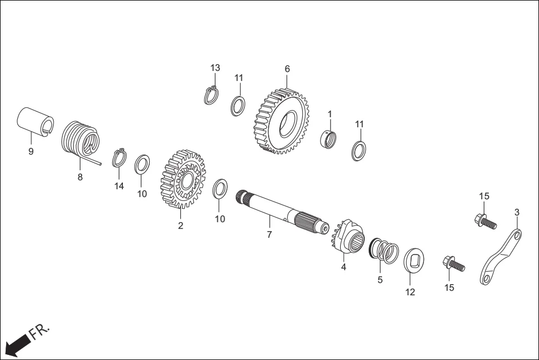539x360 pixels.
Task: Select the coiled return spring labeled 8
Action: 80,140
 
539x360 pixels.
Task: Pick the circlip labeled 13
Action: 211,95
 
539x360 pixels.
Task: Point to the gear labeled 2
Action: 183,177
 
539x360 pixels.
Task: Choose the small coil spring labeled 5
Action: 384,249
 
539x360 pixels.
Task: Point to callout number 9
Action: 31,152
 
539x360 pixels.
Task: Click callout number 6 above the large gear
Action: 287,69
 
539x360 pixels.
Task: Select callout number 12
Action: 410,292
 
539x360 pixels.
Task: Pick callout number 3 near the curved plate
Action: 517,212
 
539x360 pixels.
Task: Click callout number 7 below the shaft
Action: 269,235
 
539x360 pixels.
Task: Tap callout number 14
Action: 119,186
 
